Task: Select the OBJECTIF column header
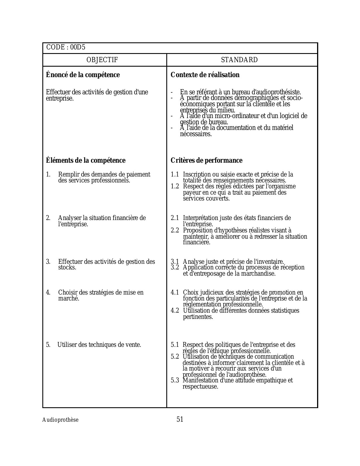click(102, 60)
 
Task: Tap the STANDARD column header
click(239, 60)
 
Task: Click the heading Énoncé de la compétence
click(83, 75)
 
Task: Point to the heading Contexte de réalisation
click(205, 75)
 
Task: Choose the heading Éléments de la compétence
click(86, 160)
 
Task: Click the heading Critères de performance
click(206, 160)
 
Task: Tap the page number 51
click(180, 419)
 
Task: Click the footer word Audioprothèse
click(60, 420)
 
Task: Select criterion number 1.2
click(175, 186)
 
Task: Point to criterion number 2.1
click(175, 218)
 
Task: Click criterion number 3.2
click(175, 267)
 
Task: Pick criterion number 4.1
click(175, 293)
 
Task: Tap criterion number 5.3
click(175, 380)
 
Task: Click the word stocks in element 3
click(67, 267)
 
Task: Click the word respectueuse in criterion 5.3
click(200, 387)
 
